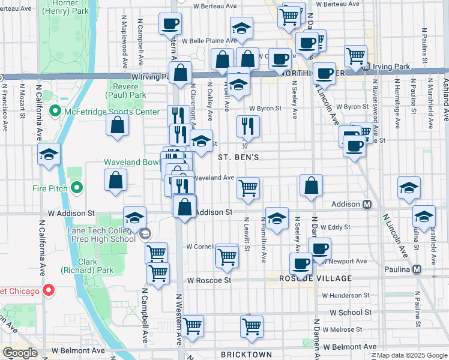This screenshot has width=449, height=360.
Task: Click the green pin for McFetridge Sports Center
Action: pyautogui.click(x=55, y=110)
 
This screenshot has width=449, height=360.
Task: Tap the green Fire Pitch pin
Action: pyautogui.click(x=76, y=188)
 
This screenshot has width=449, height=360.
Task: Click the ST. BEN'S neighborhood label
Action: pyautogui.click(x=238, y=157)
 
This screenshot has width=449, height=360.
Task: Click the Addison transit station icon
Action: pyautogui.click(x=367, y=205)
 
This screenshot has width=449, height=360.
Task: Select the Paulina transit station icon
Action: pyautogui.click(x=417, y=269)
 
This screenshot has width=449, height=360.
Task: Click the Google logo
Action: pyautogui.click(x=19, y=353)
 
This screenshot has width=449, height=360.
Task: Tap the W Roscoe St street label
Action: pyautogui.click(x=208, y=280)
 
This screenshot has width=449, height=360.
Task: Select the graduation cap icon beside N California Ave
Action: pyautogui.click(x=49, y=155)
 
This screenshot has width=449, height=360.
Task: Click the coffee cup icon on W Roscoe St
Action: pyautogui.click(x=301, y=263)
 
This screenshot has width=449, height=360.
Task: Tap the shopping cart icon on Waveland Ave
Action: pyautogui.click(x=248, y=187)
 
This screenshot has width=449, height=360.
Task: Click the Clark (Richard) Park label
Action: pyautogui.click(x=96, y=266)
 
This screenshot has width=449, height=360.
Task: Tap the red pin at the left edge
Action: pyautogui.click(x=49, y=291)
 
